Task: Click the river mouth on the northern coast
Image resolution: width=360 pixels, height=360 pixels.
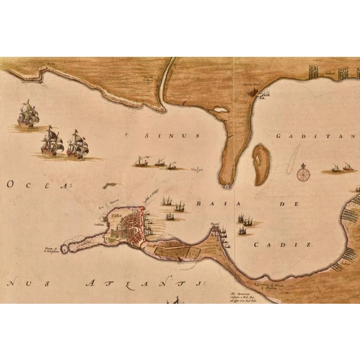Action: (x=162, y=102)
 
